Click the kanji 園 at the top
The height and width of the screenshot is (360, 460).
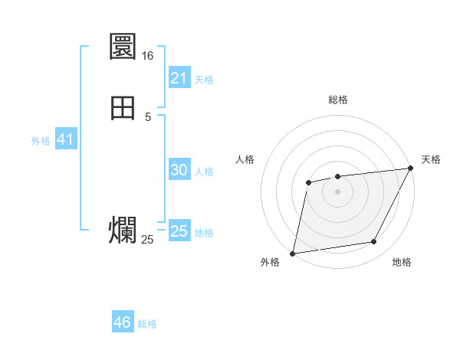tap(123, 47)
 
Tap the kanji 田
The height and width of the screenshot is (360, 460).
tap(123, 108)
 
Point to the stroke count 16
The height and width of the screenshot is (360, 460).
tap(147, 56)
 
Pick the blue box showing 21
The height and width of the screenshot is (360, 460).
tap(179, 78)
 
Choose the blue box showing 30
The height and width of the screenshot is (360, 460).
tap(179, 170)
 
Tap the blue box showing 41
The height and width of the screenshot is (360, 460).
tap(65, 140)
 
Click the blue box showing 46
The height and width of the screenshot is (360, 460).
tap(122, 322)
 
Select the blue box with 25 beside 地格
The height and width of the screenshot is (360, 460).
tap(179, 231)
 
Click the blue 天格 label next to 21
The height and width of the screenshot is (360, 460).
tap(204, 79)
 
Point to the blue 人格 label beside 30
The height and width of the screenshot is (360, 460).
tap(205, 171)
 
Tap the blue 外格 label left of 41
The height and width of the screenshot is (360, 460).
tap(41, 141)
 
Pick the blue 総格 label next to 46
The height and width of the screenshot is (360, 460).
tap(147, 324)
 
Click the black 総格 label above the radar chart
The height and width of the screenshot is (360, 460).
tap(337, 100)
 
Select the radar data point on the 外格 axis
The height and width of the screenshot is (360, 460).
tap(293, 253)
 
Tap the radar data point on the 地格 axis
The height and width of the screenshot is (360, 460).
tap(374, 242)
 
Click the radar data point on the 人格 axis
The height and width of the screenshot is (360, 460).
tap(308, 182)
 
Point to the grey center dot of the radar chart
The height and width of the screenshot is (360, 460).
tap(337, 191)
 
